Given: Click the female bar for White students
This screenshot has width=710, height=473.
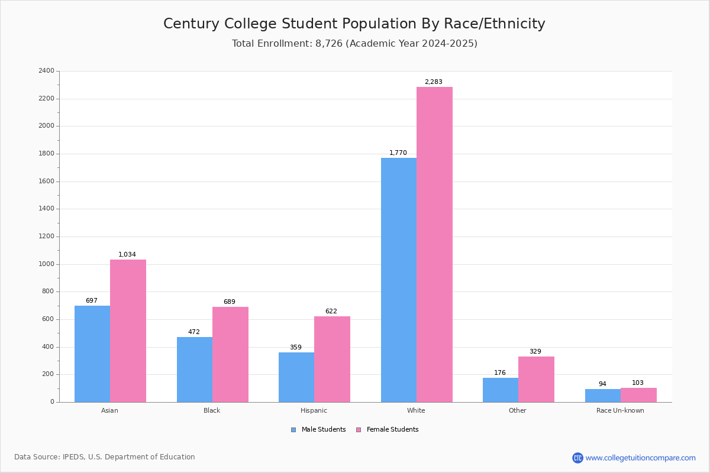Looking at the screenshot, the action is coord(434,245).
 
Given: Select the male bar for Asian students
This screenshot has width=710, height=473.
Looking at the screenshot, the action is coord(92,354).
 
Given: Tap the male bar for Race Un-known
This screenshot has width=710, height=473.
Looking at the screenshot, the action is coord(603,396).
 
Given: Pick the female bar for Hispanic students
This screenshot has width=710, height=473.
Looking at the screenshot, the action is coord(332,359).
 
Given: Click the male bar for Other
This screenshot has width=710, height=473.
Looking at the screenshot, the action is coord(501,390).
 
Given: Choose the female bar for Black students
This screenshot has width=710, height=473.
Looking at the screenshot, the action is coord(230,355).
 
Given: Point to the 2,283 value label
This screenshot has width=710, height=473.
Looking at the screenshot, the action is coord(433,82).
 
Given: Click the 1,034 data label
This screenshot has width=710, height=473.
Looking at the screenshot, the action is coord(127,254).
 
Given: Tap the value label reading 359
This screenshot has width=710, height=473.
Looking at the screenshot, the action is coord(296,347).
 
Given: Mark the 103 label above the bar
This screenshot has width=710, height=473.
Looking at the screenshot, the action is coord(638,383).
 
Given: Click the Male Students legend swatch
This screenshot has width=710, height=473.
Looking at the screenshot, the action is coord(293,430).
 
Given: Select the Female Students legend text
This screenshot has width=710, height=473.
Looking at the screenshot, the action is coord(392,430).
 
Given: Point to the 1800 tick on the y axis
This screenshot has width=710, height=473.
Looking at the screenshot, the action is coord(46,154).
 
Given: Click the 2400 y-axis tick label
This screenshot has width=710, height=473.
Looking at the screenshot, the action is coord(46,70).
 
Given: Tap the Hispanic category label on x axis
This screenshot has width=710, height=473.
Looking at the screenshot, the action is coord(314,410).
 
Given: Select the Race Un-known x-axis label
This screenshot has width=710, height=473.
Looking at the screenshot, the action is coord(620,410).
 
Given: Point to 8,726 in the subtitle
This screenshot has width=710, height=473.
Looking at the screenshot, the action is coord(329,43).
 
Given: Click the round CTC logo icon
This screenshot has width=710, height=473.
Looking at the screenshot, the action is coord(577,458).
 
